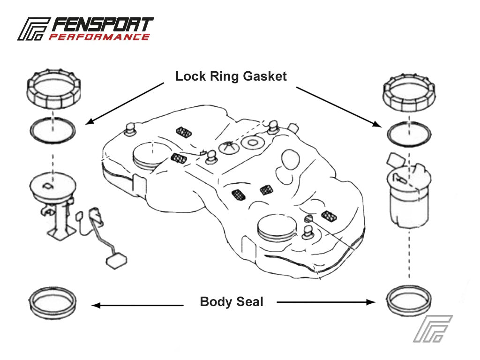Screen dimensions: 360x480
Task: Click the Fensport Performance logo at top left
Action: click(85, 29)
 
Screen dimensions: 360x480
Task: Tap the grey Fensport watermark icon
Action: click(432, 328)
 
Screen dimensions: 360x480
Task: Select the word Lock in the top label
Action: click(189, 76)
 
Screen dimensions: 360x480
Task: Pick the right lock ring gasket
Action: click(409, 134)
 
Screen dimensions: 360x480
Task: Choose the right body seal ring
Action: click(409, 302)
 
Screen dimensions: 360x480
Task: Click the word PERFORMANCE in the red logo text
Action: click(99, 37)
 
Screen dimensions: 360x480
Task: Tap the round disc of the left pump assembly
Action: click(52, 186)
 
